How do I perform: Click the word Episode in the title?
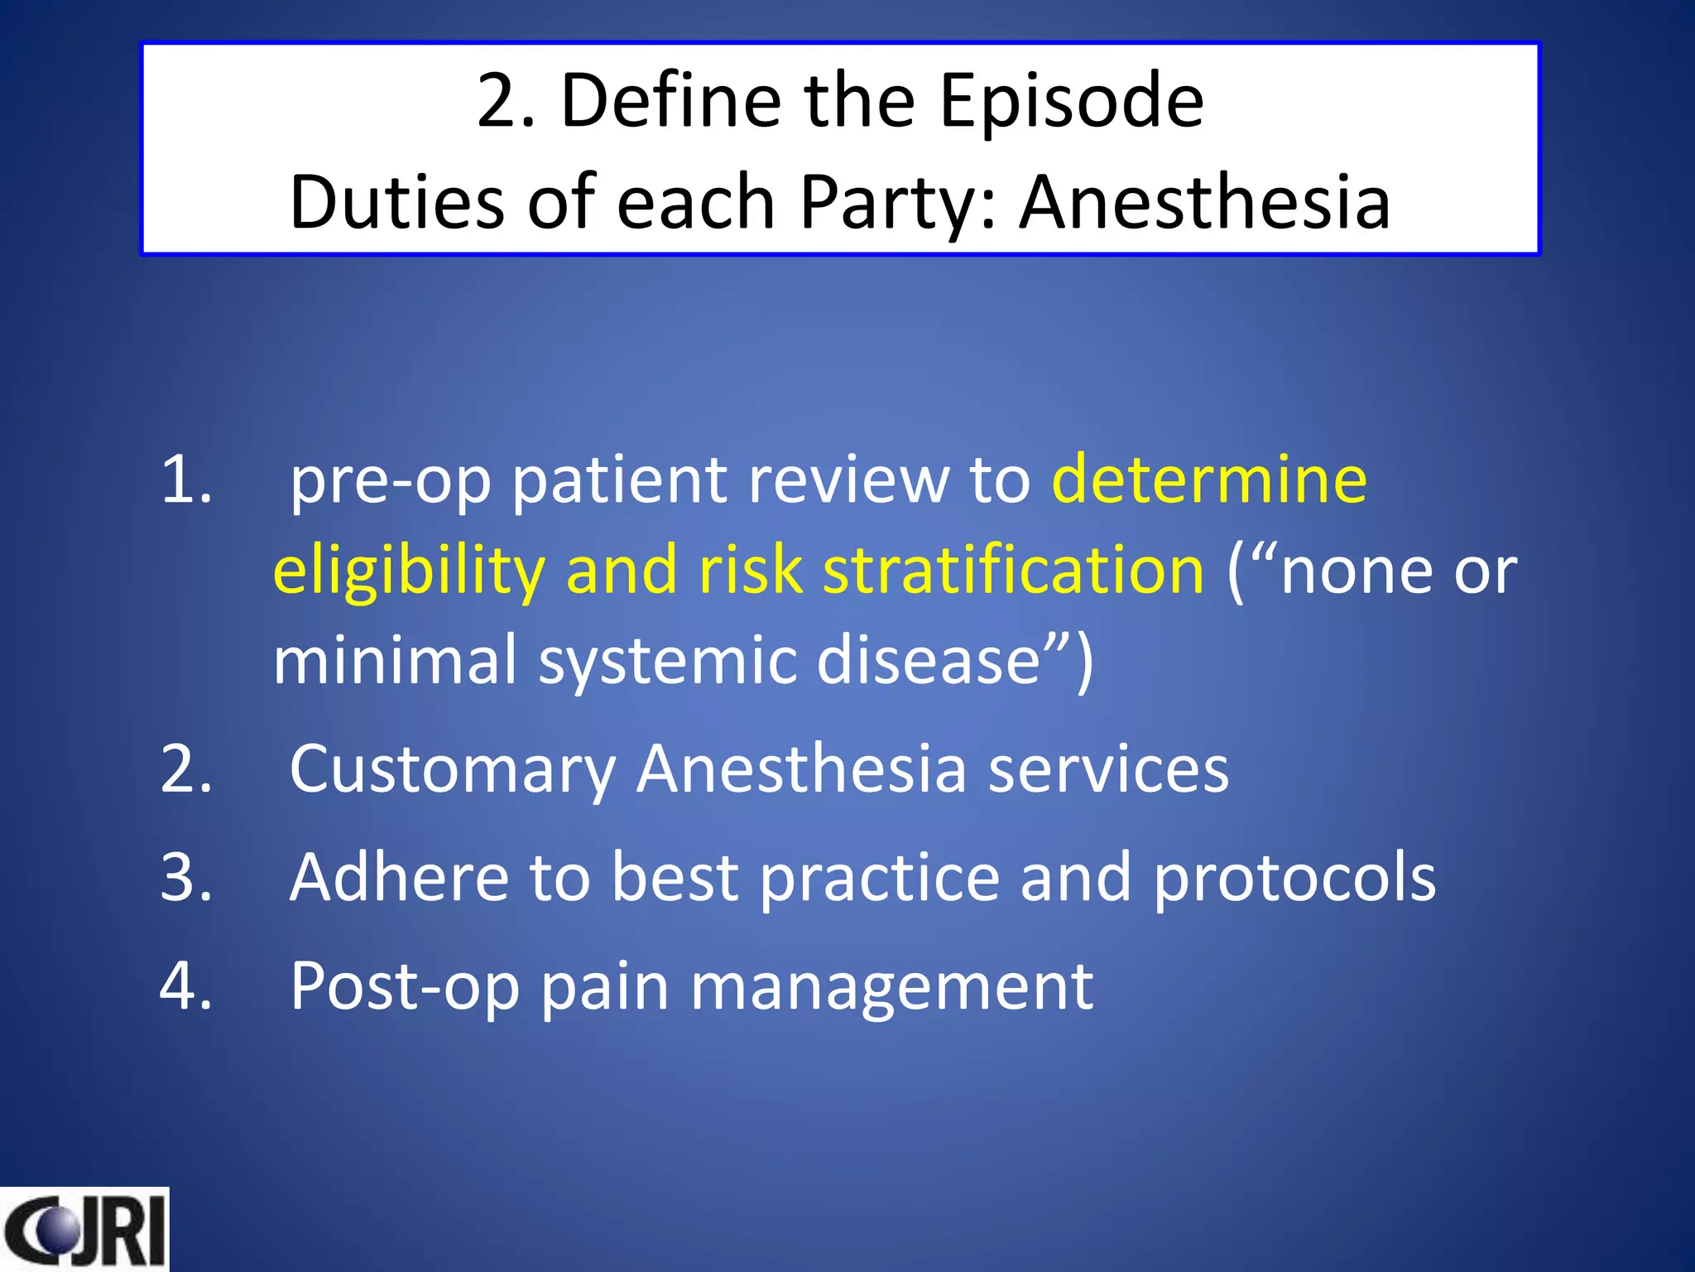click(x=1071, y=101)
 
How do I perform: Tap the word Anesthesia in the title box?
click(x=1204, y=203)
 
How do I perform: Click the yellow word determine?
click(x=1208, y=480)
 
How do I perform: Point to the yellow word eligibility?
click(x=409, y=571)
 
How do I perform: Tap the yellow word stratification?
click(x=1013, y=571)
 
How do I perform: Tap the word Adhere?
click(x=399, y=878)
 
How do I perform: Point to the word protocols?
click(x=1294, y=878)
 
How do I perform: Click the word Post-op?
click(x=405, y=987)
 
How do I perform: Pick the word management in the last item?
click(x=891, y=987)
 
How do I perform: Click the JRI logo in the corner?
click(x=84, y=1229)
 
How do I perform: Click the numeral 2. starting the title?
click(x=506, y=101)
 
